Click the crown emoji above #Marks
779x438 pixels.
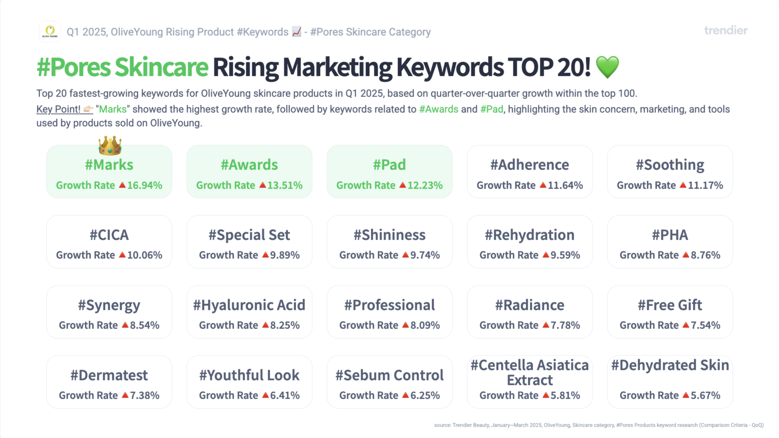click(x=110, y=145)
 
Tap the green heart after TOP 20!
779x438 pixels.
click(x=607, y=67)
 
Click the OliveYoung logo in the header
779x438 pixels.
click(x=50, y=32)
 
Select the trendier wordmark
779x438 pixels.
click(x=726, y=30)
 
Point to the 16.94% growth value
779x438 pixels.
click(x=145, y=185)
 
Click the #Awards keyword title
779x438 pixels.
click(x=250, y=165)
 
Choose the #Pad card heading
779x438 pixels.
click(x=389, y=165)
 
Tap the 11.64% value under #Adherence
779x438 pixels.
click(x=565, y=185)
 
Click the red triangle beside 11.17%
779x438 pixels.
click(x=683, y=185)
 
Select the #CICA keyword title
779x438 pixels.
click(x=109, y=235)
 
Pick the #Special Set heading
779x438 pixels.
click(x=250, y=235)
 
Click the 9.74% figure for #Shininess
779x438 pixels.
click(x=425, y=255)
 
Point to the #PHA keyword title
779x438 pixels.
click(x=670, y=235)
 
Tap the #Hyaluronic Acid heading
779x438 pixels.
click(x=249, y=305)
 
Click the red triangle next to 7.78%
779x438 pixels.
click(x=546, y=325)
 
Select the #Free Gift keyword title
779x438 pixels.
click(x=670, y=305)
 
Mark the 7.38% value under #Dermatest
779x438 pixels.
click(x=145, y=395)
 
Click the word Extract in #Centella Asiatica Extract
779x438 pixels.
click(x=530, y=380)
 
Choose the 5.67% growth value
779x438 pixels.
click(x=706, y=395)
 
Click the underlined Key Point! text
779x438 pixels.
click(x=58, y=109)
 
